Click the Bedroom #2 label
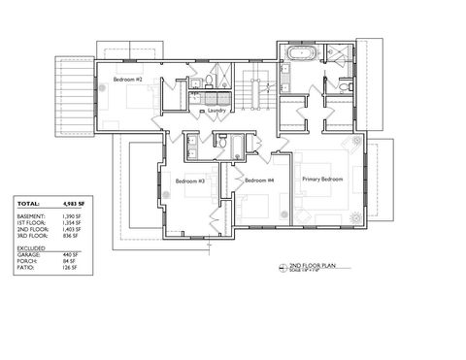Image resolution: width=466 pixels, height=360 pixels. pyautogui.click(x=128, y=79)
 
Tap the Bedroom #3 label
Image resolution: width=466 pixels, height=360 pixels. pyautogui.click(x=189, y=180)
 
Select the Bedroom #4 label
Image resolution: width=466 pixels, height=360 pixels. pyautogui.click(x=258, y=180)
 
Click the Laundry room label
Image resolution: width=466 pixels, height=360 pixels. pyautogui.click(x=217, y=111)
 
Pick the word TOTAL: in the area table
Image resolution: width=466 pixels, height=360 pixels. pyautogui.click(x=28, y=204)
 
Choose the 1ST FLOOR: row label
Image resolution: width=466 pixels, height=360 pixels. pyautogui.click(x=31, y=225)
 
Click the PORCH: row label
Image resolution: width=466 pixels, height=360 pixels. pyautogui.click(x=27, y=262)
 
